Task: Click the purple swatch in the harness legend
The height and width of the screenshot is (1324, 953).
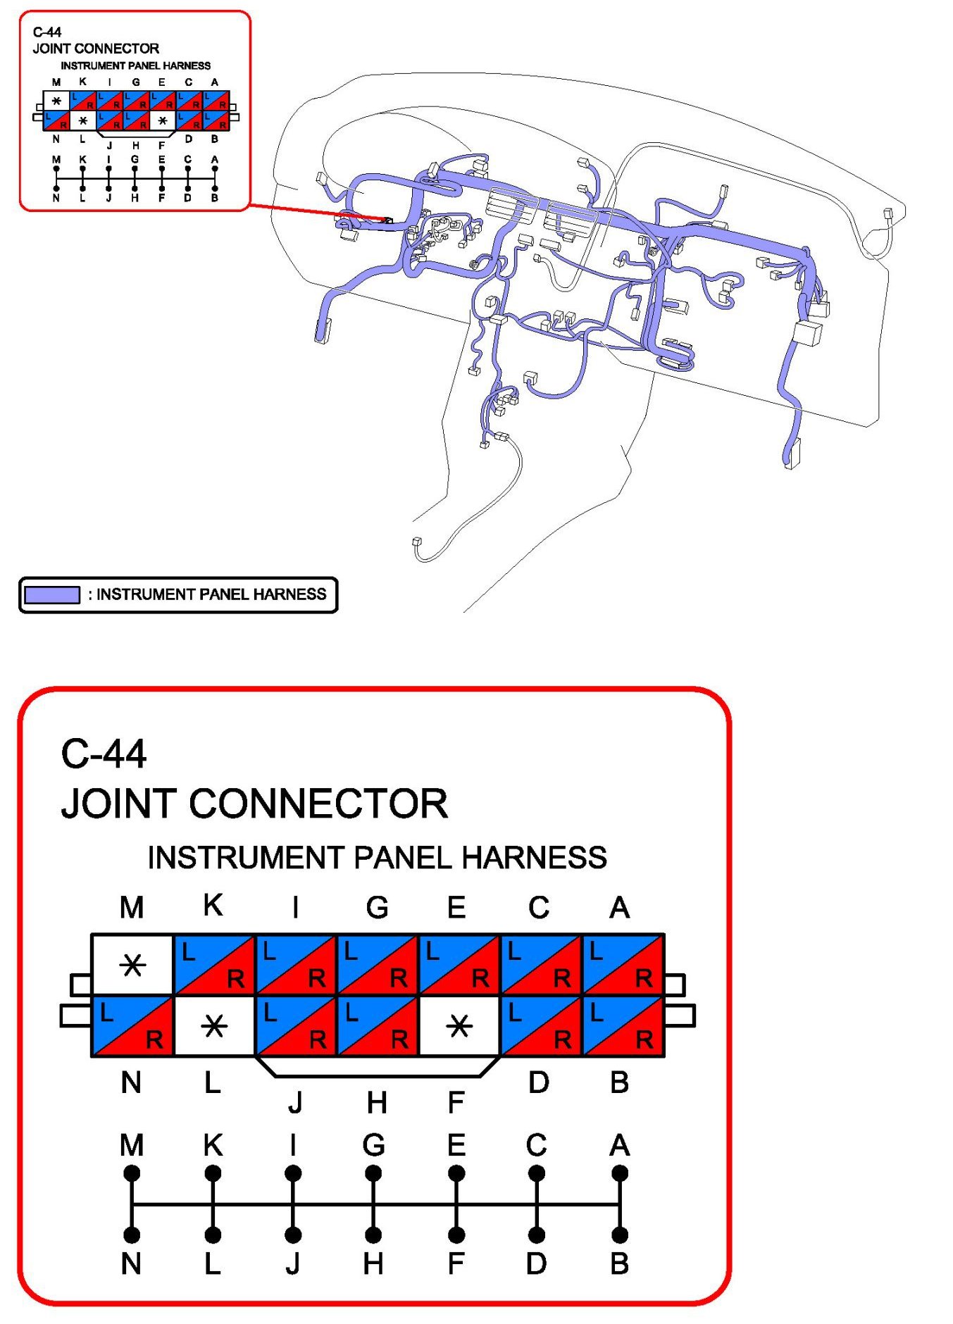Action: coord(51,594)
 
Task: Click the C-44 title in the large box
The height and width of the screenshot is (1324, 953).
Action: coord(104,754)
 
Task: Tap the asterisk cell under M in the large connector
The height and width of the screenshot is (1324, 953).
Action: coord(132,964)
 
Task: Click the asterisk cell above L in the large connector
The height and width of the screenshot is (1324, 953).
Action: coord(214,1026)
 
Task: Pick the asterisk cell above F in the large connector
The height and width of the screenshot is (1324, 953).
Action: coord(459,1026)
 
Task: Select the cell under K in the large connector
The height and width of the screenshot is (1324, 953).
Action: coord(214,964)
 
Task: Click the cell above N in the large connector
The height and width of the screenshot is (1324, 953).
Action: coord(132,1026)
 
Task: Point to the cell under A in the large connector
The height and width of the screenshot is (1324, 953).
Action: coord(623,964)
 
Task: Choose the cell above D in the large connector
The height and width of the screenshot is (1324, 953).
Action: coord(541,1026)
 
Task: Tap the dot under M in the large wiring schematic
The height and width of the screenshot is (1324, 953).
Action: coord(132,1173)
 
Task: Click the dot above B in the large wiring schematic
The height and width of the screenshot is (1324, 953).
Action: coord(620,1235)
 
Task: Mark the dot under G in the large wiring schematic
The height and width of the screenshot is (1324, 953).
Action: coord(374,1173)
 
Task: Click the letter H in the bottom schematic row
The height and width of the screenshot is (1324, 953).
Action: coord(373,1264)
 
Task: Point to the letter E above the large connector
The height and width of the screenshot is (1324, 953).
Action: coord(456,907)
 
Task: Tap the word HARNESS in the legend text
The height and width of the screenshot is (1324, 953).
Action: coord(289,594)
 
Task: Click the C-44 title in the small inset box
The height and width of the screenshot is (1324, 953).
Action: coord(47,32)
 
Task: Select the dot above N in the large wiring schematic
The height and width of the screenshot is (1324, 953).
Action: coord(132,1235)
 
